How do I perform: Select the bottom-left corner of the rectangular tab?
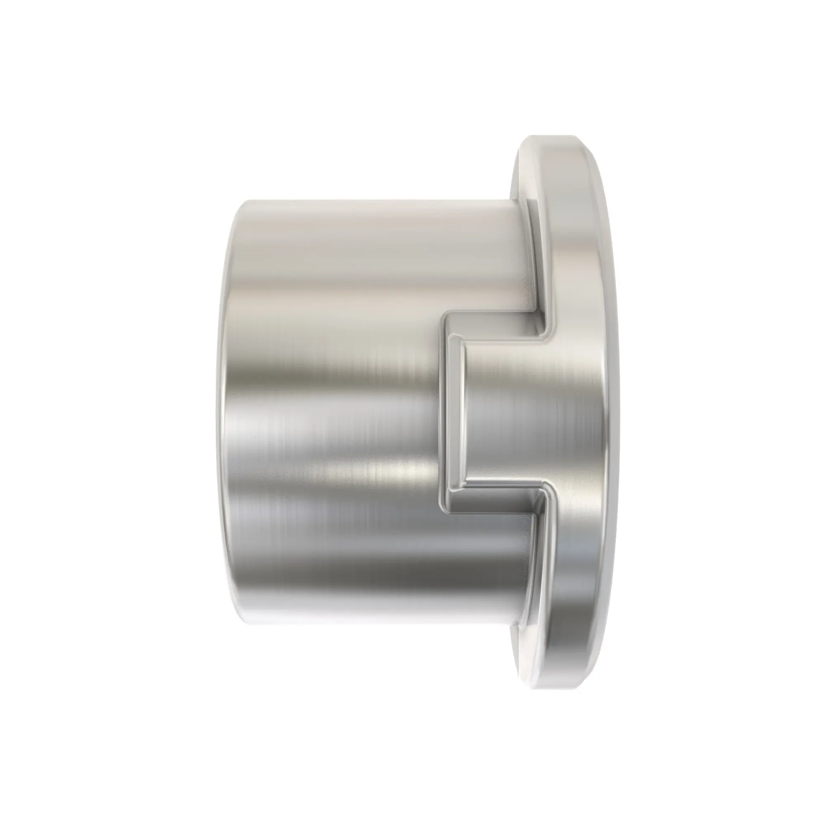tap(447, 511)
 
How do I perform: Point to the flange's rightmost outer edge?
tap(615, 412)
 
